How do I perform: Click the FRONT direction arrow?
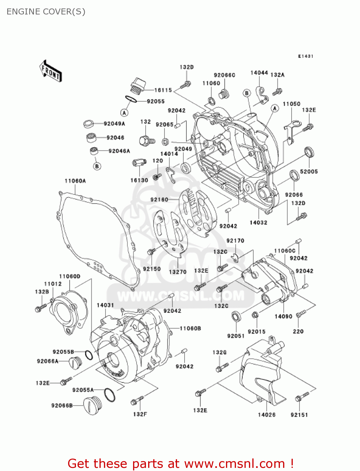51,71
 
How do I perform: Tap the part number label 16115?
163,90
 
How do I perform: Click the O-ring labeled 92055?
131,99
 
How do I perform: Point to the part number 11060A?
75,181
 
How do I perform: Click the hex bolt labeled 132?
146,141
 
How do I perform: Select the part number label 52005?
309,171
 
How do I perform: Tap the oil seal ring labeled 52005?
309,152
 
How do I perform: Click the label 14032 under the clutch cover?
258,223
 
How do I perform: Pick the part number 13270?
178,272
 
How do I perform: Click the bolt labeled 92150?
151,252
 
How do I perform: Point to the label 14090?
283,317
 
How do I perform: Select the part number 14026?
266,415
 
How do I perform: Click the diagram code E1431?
305,56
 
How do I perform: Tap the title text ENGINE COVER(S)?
46,12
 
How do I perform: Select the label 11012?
53,284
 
